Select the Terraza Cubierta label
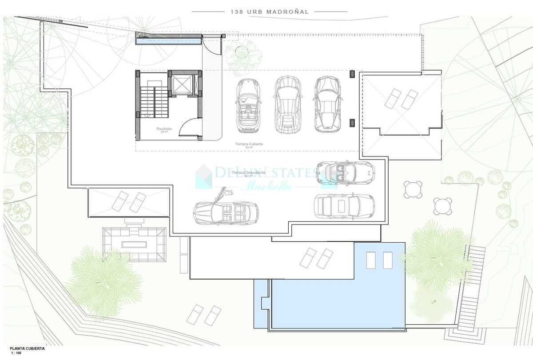(249, 144)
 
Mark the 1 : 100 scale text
(8, 354)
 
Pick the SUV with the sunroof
(344, 206)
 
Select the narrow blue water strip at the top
(168, 42)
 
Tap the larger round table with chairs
(414, 190)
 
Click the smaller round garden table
(442, 205)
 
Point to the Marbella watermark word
(265, 185)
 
